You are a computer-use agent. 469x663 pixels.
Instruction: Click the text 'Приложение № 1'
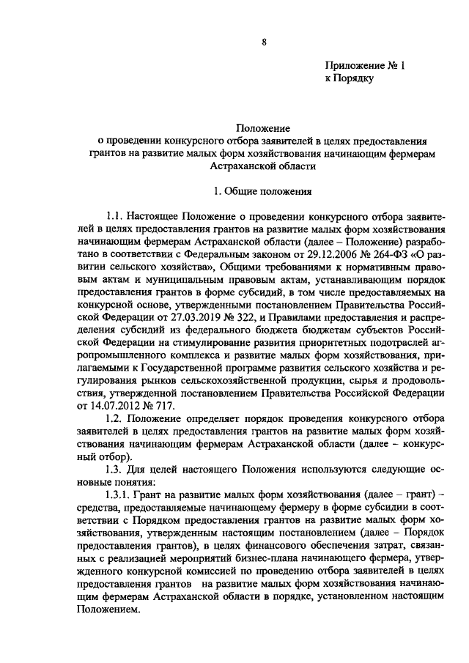coord(364,65)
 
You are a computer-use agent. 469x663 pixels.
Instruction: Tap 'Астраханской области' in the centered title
coord(262,166)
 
